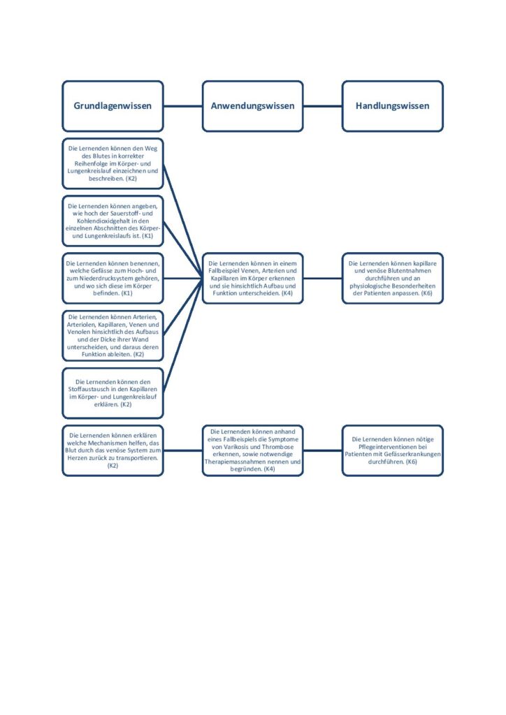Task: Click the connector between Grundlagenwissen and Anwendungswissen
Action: [x=183, y=106]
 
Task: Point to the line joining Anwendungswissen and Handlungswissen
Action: [x=323, y=106]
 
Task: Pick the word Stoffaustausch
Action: [x=89, y=390]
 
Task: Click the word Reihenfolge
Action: [x=92, y=163]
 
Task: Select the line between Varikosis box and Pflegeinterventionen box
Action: [x=323, y=450]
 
